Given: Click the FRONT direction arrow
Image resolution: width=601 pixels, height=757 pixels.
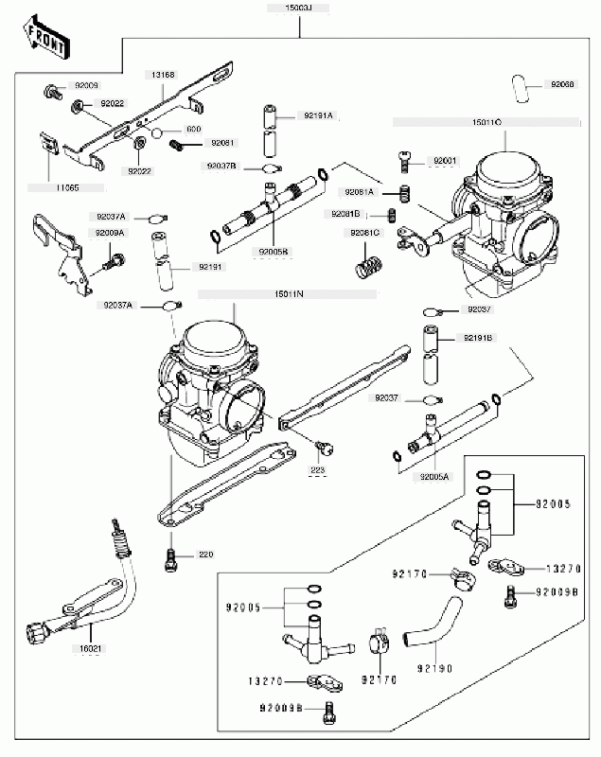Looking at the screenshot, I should (45, 37).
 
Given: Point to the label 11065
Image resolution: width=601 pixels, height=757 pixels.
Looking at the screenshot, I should (66, 187).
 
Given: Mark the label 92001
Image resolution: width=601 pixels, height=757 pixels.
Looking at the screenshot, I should (445, 162).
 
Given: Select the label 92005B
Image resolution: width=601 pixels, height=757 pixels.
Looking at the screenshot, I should (273, 252).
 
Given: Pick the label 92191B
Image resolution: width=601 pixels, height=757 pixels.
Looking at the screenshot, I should (477, 336).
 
